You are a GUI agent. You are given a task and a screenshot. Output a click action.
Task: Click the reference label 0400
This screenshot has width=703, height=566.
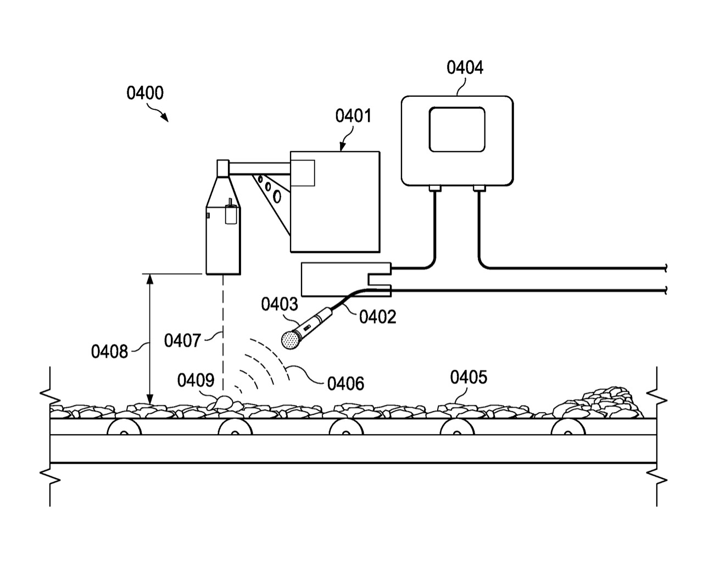coord(145,93)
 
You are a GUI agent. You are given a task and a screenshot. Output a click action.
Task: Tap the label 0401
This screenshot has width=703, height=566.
coord(353,116)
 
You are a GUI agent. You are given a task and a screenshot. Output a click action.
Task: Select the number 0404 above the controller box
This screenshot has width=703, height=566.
coord(465,68)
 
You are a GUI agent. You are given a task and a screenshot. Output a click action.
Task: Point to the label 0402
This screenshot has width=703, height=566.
coord(377,317)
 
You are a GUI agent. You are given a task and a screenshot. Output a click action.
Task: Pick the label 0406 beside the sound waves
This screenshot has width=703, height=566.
coord(345,382)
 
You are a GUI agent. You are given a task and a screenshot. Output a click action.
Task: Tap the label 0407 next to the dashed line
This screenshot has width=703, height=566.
coord(182,341)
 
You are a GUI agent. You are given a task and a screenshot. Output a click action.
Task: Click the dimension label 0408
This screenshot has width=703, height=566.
coord(109,351)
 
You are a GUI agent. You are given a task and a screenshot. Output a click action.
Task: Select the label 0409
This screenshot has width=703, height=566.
coord(196,380)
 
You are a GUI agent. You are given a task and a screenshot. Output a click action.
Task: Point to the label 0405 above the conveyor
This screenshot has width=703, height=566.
coord(468,378)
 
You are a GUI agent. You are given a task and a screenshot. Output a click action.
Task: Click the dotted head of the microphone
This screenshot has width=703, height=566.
coord(289,339)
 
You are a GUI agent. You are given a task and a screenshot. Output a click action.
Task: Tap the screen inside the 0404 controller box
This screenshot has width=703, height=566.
coord(457,129)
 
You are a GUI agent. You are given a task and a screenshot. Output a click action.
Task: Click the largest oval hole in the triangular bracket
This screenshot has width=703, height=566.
coord(277,196)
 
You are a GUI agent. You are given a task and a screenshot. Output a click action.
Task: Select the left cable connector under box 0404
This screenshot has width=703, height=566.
coord(434,188)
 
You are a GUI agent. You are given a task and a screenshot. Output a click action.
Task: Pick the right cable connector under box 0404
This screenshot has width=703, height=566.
coord(479,188)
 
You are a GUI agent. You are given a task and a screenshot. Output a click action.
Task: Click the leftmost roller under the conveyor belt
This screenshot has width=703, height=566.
coord(123,428)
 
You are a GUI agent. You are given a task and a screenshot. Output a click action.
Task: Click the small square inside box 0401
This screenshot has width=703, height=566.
coord(303,173)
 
